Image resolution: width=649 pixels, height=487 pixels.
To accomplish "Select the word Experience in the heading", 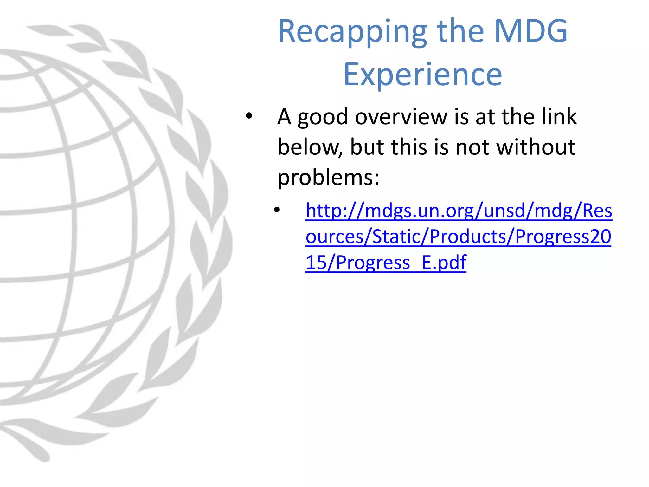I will point(423,75).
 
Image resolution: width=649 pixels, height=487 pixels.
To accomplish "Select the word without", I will point(536,147).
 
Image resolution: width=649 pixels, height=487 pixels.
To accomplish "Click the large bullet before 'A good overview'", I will point(249,116).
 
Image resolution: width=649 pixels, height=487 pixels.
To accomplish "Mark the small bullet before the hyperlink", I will point(277,210).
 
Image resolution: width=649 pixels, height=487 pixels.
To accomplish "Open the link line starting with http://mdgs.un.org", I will point(459,211).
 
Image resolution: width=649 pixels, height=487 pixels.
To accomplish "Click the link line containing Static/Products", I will point(458,237).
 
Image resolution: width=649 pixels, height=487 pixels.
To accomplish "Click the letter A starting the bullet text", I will point(284,117).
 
